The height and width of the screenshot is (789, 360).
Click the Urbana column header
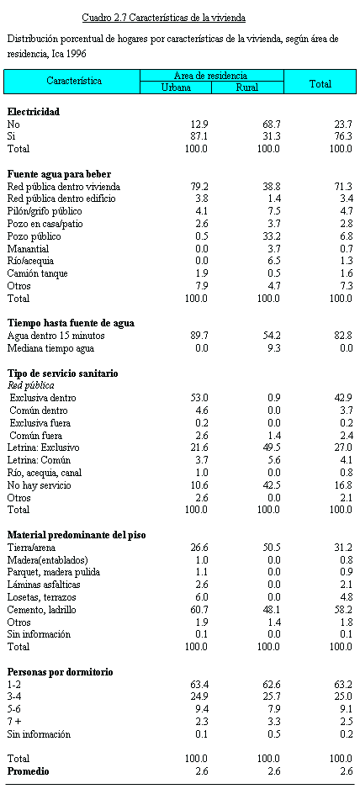pyautogui.click(x=176, y=87)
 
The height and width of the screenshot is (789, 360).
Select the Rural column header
pyautogui.click(x=248, y=87)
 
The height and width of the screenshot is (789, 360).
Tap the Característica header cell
pyautogui.click(x=74, y=81)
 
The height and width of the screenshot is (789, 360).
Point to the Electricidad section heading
pyautogui.click(x=34, y=112)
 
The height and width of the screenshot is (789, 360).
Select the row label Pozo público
pyautogui.click(x=34, y=236)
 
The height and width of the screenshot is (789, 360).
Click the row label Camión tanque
pyautogui.click(x=38, y=273)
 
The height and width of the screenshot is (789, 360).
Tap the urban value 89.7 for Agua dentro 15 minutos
pyautogui.click(x=199, y=336)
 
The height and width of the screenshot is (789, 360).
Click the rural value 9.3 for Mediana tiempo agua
pyautogui.click(x=273, y=347)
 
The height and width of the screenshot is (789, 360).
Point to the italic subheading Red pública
pyautogui.click(x=31, y=385)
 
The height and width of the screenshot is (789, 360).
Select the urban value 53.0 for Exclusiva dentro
pyautogui.click(x=199, y=398)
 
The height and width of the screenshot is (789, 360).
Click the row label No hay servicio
pyautogui.click(x=40, y=485)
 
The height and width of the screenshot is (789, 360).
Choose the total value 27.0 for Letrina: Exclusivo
pyautogui.click(x=343, y=447)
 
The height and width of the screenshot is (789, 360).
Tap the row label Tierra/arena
pyautogui.click(x=31, y=547)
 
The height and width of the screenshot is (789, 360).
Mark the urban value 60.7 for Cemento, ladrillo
pyautogui.click(x=199, y=609)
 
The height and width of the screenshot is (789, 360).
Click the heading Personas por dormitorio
pyautogui.click(x=61, y=672)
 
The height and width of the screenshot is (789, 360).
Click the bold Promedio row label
pyautogui.click(x=29, y=770)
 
